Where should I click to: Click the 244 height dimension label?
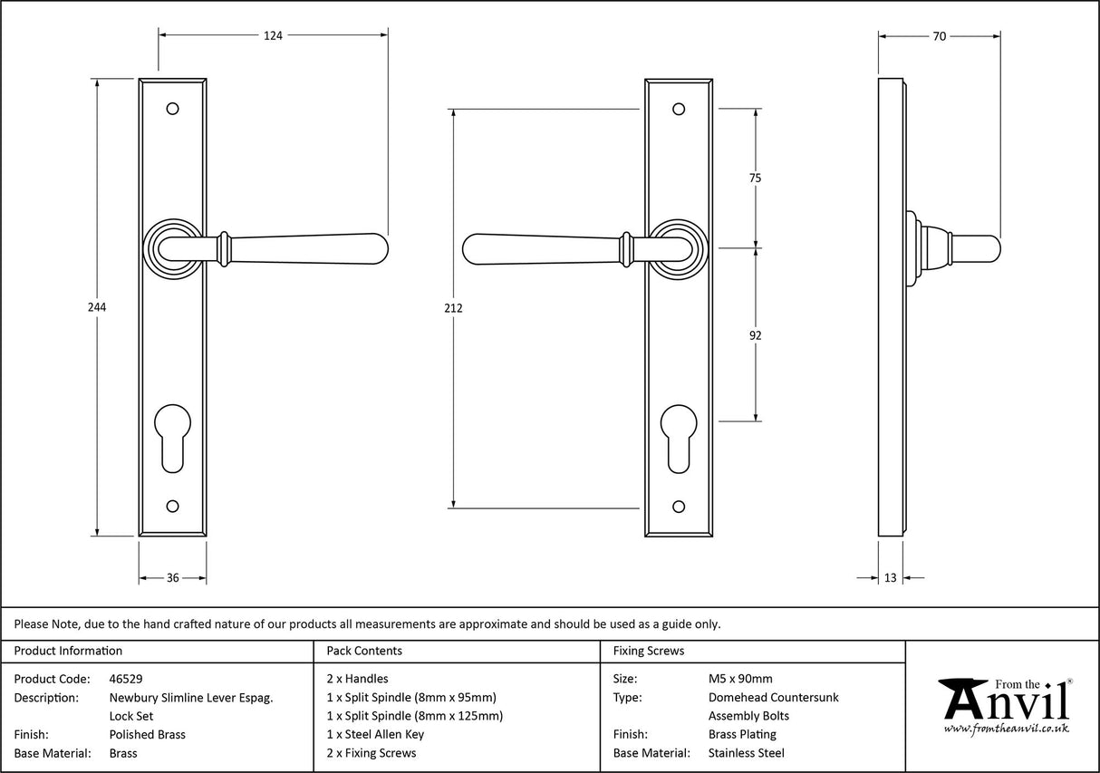click(97, 307)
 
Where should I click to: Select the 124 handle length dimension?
click(273, 35)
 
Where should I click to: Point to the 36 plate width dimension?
click(172, 578)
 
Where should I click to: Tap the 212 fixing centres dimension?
click(454, 308)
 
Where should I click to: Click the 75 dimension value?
click(755, 179)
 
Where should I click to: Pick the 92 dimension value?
click(755, 335)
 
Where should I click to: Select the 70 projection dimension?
click(939, 36)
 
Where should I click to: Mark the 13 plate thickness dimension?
click(890, 578)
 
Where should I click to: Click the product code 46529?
click(125, 679)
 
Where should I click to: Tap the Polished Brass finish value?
click(147, 735)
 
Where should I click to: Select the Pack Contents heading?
click(363, 651)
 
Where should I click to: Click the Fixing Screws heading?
click(649, 651)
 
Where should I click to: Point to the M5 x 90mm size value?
click(740, 679)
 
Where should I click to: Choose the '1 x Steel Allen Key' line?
click(375, 735)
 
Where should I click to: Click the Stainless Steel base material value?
click(746, 753)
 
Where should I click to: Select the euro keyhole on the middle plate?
click(679, 439)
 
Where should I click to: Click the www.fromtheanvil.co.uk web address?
click(1006, 729)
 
